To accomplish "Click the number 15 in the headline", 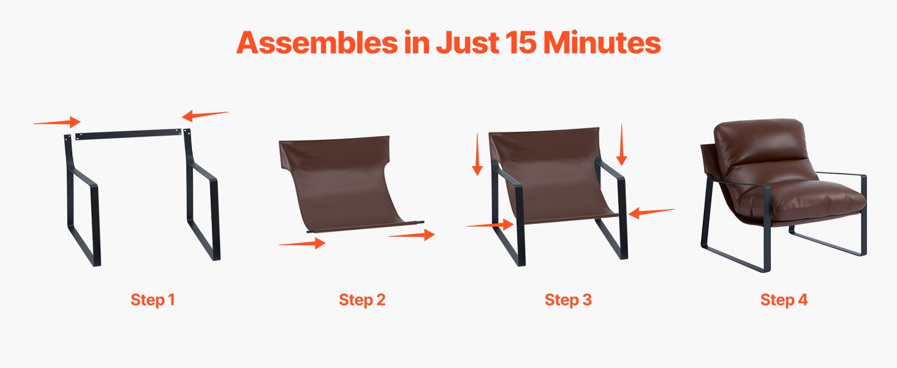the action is (x=520, y=42).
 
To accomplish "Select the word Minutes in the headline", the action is (x=602, y=42).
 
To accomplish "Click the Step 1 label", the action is (x=153, y=300).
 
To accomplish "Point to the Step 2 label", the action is (x=362, y=300).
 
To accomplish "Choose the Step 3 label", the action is (x=568, y=300).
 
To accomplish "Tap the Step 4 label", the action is (x=784, y=300).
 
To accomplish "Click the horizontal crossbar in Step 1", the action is (x=128, y=134).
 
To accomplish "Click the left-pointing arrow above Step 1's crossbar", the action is (x=205, y=115).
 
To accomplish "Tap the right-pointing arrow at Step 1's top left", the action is (x=57, y=122).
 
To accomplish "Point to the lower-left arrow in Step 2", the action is (x=302, y=243).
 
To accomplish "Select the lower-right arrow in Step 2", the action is (x=412, y=234).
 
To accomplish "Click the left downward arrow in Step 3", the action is (x=477, y=155).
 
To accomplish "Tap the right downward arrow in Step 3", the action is (x=621, y=144).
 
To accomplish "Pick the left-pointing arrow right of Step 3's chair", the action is (x=651, y=212).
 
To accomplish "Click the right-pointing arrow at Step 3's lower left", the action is (x=490, y=224).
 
